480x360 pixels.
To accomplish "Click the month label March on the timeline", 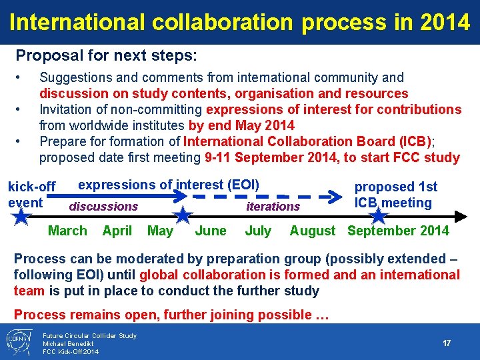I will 67,231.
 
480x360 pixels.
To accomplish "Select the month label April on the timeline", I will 117,231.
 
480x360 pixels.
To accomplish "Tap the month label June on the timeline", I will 211,231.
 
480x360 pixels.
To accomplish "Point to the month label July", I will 258,231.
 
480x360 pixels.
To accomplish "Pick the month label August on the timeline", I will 313,231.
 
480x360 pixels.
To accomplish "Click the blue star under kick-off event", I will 21,216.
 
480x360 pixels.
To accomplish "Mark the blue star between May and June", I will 183,215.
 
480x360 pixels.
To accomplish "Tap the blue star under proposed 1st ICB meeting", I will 378,216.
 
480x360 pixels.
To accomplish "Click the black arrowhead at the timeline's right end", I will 465,216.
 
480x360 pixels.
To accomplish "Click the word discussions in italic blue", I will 103,207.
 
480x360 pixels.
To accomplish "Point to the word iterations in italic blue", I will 273,207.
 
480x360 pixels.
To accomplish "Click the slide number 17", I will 447,343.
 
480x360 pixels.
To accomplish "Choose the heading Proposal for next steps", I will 106,55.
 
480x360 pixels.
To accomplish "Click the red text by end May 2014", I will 241,125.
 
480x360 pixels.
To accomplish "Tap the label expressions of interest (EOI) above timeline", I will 169,184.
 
